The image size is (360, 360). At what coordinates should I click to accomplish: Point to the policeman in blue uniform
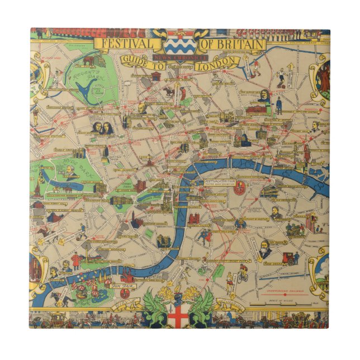pos(278,103)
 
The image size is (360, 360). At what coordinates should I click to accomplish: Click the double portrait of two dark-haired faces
pos(102,129)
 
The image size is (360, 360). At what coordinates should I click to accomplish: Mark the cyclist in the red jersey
pos(241,274)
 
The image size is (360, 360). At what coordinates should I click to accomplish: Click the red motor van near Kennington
pos(290,258)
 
